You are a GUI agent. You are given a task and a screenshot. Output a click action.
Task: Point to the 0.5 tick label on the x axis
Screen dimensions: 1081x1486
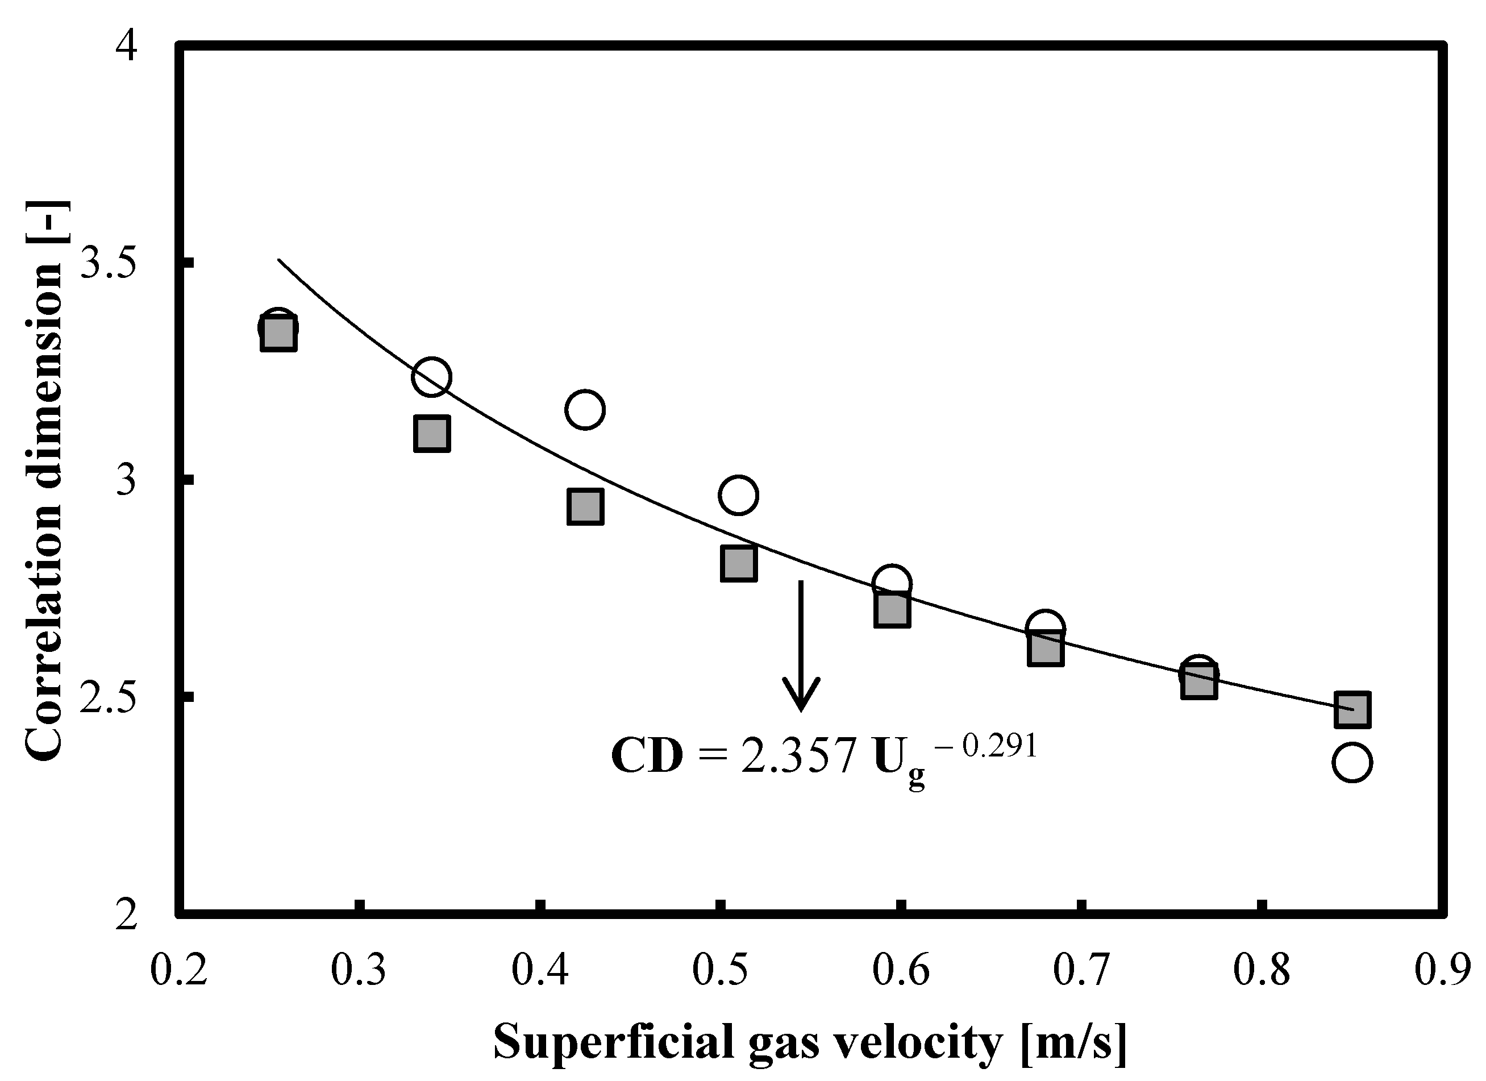point(721,971)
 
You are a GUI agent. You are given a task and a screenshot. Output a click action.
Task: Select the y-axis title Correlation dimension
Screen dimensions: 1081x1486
point(44,481)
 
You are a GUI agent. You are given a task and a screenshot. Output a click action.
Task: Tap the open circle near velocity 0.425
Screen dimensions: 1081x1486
point(584,410)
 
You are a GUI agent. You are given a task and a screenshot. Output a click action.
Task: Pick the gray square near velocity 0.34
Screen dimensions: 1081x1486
point(432,433)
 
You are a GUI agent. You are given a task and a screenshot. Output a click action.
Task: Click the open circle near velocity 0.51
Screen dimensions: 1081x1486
point(738,495)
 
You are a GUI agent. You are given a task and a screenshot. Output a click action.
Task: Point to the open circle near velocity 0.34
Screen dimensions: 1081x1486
point(431,377)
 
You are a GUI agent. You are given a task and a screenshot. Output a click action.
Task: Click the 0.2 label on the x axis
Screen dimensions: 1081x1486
point(178,971)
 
